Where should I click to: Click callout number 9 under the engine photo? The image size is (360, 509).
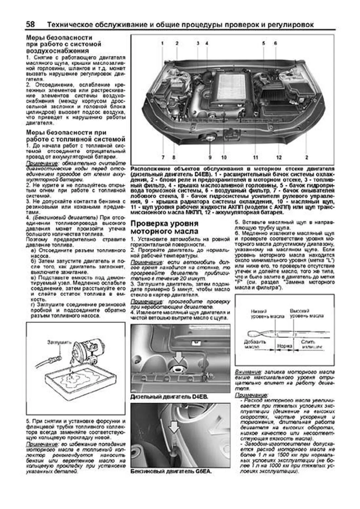(x=210, y=157)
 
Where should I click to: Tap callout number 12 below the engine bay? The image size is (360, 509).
(x=279, y=157)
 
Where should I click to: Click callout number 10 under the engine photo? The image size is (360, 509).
(x=224, y=157)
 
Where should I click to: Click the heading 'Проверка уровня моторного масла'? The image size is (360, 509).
(x=165, y=228)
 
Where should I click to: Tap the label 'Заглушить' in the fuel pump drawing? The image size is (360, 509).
(x=59, y=342)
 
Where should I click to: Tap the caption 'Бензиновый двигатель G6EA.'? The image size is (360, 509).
(x=171, y=471)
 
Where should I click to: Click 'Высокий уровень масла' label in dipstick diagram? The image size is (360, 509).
(x=306, y=314)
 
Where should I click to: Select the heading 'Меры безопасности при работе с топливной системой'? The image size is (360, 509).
(x=75, y=136)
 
